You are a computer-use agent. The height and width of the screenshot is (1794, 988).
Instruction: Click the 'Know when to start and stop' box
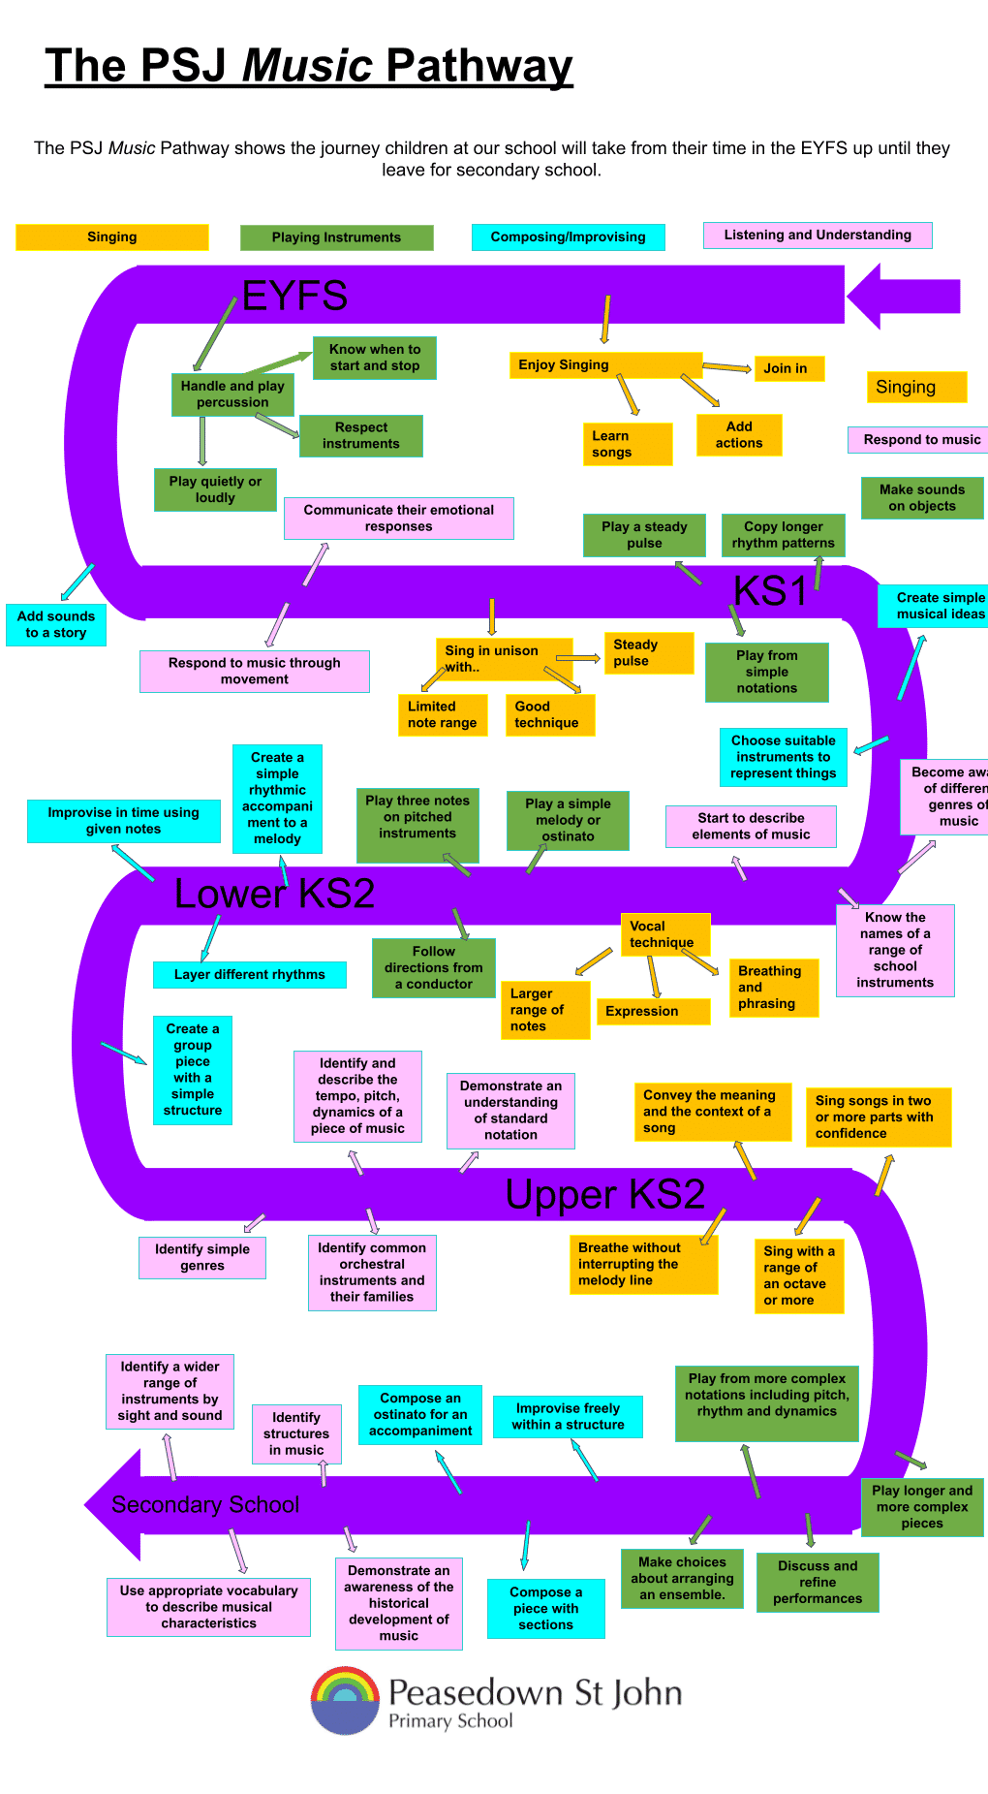(375, 358)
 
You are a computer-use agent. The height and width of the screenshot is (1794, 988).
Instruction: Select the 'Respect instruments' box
(361, 435)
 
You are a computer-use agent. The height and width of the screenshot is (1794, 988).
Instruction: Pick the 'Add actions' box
(739, 434)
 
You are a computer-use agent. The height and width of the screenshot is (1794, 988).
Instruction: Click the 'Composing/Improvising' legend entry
(568, 236)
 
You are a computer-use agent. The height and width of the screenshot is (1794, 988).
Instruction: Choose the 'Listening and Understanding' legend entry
(818, 235)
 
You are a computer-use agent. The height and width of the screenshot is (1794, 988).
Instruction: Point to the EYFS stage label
(294, 296)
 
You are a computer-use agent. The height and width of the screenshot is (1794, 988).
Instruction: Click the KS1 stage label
(770, 590)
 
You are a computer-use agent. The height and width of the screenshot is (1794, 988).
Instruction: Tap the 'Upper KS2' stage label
(604, 1194)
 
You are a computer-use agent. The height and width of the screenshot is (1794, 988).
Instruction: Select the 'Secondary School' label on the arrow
(205, 1504)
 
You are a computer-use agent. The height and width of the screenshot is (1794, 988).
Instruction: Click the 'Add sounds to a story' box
(56, 624)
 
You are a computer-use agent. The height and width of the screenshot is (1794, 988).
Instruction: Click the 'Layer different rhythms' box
(250, 974)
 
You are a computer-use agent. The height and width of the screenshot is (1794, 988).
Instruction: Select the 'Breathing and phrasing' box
(773, 987)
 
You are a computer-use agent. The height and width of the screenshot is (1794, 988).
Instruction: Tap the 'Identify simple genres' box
(202, 1257)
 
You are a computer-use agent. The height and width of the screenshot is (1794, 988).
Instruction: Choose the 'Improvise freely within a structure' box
(568, 1416)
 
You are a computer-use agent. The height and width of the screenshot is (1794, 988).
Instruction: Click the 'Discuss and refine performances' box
(818, 1582)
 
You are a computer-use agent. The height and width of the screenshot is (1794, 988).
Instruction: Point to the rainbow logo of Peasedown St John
(345, 1700)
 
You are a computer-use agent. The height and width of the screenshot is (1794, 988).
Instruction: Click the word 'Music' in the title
(308, 66)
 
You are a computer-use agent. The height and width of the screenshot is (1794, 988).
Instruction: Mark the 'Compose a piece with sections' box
(546, 1608)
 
